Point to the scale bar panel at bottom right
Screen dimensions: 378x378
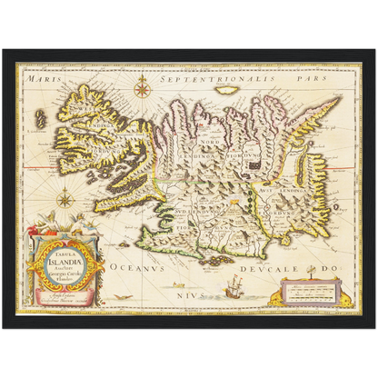coord(309,293)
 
